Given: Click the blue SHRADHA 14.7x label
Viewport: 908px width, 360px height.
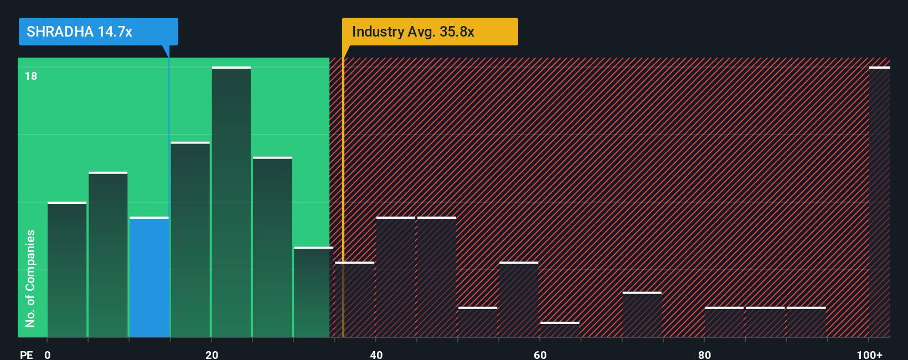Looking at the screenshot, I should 98,32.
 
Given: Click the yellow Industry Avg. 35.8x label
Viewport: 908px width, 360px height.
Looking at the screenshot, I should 430,32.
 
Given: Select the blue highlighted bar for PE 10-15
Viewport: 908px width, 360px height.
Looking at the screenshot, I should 149,277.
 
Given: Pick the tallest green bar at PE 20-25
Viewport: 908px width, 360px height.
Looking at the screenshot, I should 231,202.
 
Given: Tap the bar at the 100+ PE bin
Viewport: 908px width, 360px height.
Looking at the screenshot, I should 879,202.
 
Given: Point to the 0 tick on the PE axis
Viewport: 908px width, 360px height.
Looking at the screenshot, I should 48,354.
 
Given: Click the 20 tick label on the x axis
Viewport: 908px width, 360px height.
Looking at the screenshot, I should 211,354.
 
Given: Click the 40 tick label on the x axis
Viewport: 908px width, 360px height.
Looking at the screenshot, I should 376,354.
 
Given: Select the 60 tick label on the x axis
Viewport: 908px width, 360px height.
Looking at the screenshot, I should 540,354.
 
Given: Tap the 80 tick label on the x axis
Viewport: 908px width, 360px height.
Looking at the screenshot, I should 704,354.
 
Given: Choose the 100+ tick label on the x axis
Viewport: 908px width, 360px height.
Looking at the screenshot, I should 869,354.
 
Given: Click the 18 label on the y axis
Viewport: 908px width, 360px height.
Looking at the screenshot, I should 31,76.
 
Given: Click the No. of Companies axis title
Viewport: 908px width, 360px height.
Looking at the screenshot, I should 30,278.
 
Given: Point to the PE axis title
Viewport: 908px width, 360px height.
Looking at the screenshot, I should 26,354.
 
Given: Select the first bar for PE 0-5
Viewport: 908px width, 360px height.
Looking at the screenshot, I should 67,270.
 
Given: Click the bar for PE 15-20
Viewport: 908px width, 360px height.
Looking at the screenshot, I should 190,239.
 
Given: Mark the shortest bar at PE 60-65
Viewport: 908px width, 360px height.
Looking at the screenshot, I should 560,330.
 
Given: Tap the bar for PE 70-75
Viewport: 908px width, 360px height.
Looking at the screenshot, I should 642,315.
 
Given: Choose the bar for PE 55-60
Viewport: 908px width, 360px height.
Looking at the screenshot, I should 519,300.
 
